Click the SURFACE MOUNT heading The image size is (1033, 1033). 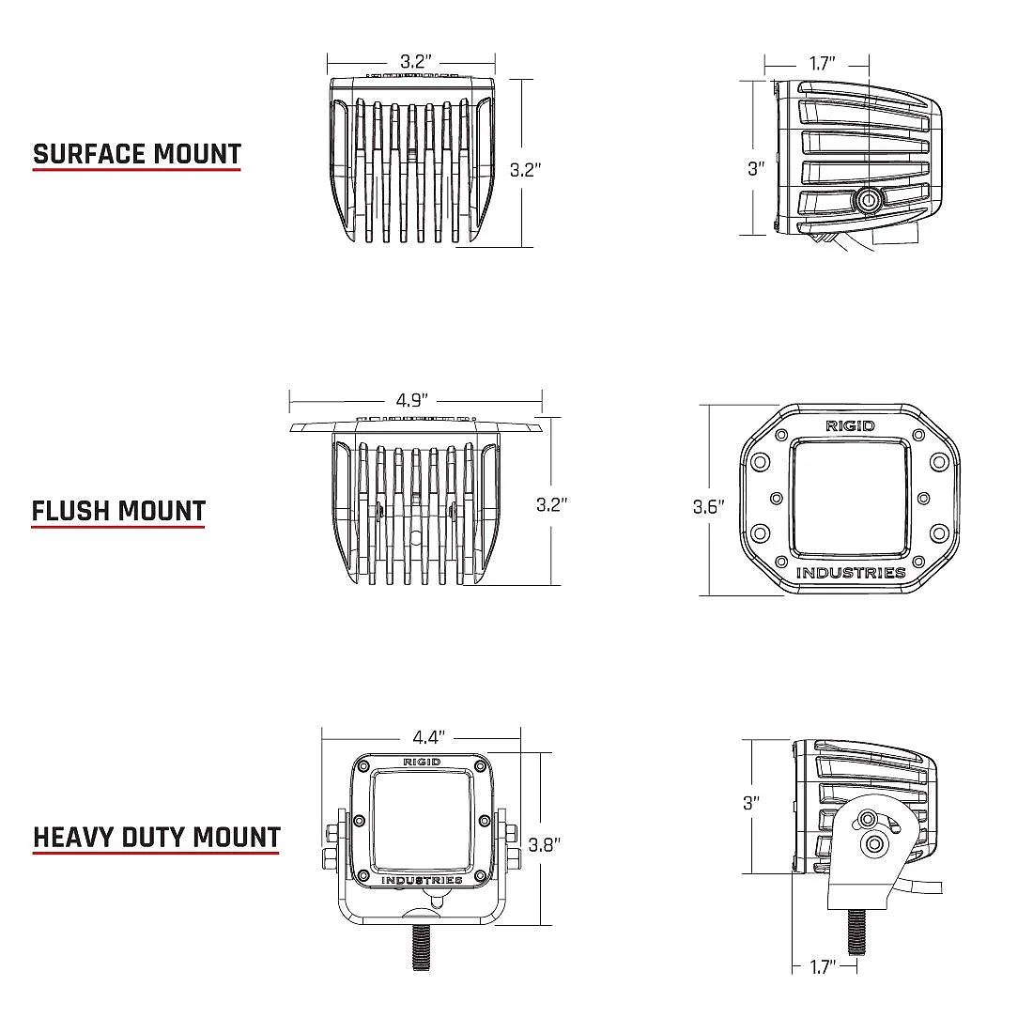(x=137, y=154)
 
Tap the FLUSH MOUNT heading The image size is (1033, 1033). (x=118, y=512)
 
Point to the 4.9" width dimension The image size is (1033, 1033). (x=414, y=400)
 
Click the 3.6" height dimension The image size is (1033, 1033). (x=710, y=507)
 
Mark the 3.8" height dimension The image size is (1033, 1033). (x=544, y=844)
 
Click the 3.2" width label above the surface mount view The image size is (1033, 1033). (x=415, y=62)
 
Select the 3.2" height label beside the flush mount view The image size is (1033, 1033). (x=552, y=504)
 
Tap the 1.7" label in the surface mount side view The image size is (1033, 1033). (x=822, y=65)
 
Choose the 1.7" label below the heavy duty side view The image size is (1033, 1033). (x=823, y=966)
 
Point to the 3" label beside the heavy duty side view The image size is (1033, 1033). (x=750, y=803)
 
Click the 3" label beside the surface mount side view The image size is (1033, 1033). (x=756, y=169)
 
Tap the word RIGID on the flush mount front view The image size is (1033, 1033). (x=850, y=426)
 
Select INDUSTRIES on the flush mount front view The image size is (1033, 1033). (x=851, y=573)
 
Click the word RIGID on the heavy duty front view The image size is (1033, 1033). (x=422, y=762)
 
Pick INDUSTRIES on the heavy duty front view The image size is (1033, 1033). (x=422, y=880)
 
